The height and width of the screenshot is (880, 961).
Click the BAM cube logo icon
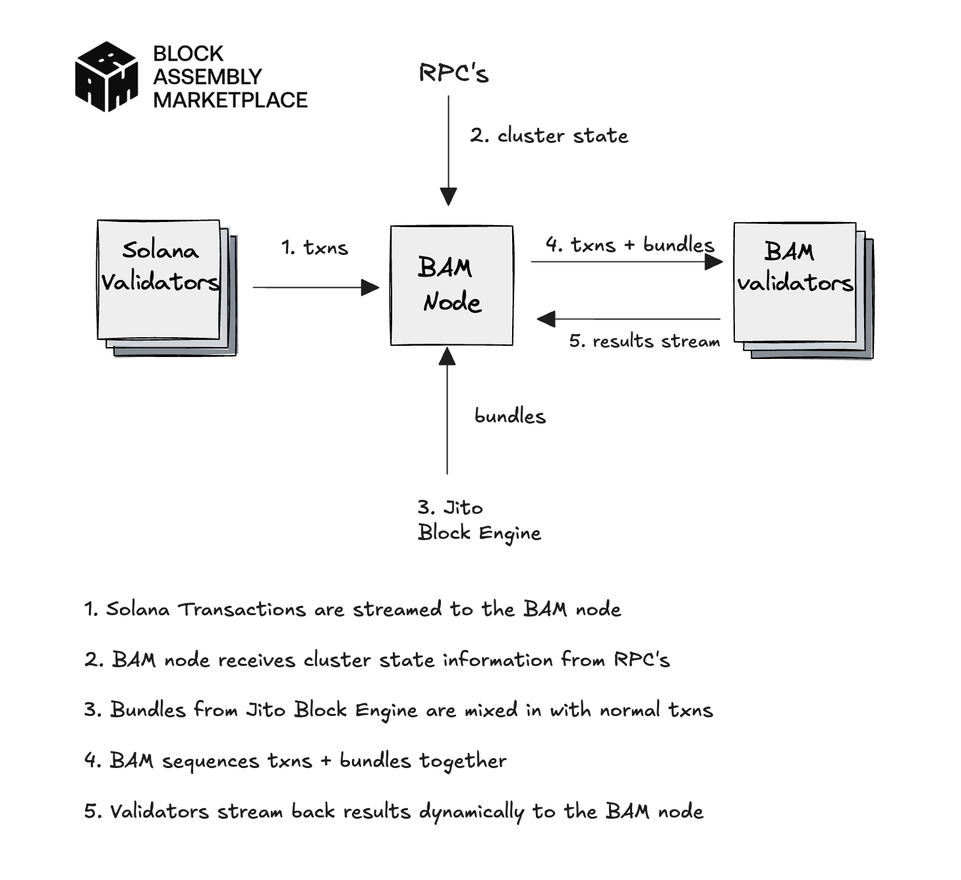(107, 76)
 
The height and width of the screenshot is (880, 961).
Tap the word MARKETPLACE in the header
(230, 100)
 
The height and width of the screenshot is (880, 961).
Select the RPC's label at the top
(453, 73)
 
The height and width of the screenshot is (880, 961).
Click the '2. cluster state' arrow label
(549, 136)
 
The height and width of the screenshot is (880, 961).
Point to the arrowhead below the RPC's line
(448, 196)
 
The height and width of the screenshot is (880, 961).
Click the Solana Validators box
(159, 279)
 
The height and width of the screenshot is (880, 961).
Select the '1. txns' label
(314, 248)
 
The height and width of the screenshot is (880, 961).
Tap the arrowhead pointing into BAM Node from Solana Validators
(371, 288)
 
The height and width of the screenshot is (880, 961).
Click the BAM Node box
(451, 285)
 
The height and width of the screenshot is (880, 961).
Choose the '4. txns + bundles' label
(629, 245)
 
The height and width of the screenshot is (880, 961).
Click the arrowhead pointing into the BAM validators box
(714, 262)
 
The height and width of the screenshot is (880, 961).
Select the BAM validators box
(795, 282)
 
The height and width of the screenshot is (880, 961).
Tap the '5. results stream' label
(644, 341)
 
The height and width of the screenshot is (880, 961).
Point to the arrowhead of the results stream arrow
(546, 319)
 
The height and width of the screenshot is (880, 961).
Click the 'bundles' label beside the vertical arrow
(510, 416)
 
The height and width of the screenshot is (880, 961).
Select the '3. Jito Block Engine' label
(479, 520)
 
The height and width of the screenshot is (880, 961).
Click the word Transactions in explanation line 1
(242, 609)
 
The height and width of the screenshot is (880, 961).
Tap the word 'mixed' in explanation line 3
(491, 710)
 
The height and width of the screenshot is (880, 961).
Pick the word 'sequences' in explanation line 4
(210, 761)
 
